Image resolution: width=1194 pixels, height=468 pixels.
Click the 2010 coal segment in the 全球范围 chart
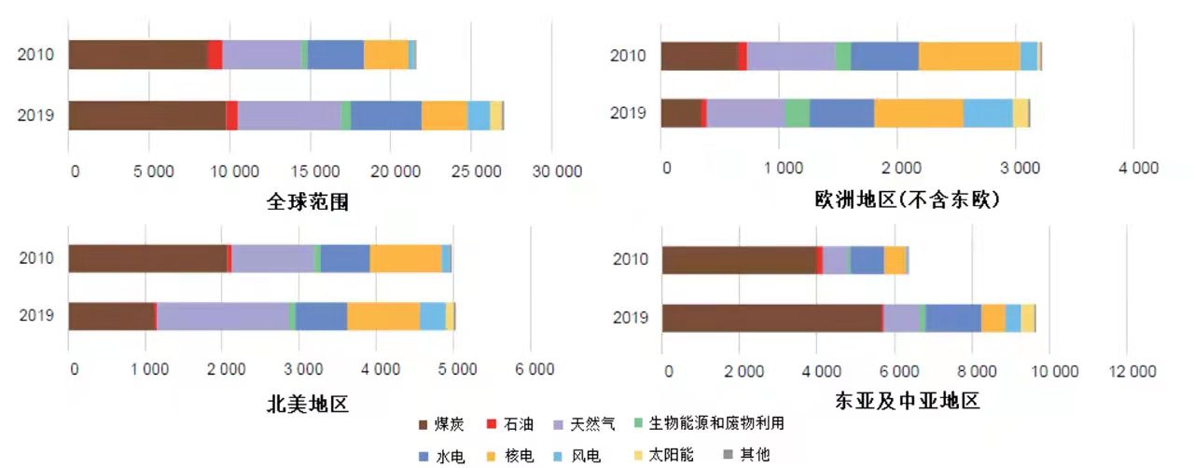[138, 55]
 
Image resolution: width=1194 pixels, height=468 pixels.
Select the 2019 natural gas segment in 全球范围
[289, 116]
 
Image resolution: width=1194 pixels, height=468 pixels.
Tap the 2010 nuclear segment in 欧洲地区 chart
[969, 56]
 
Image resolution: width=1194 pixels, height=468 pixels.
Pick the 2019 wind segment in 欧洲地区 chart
[988, 113]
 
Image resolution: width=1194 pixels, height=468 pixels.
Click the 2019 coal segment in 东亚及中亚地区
[771, 318]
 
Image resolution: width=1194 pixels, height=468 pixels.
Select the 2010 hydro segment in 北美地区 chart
[345, 258]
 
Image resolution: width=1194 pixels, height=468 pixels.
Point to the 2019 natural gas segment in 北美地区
[223, 316]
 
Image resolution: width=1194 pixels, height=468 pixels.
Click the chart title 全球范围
[308, 200]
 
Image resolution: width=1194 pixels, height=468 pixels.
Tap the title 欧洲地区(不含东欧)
[906, 200]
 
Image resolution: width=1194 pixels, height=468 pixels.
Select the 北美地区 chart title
[308, 404]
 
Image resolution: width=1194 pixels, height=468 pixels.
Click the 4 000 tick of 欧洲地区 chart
[1133, 168]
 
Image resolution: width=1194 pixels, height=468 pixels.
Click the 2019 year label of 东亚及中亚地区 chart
[630, 318]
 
